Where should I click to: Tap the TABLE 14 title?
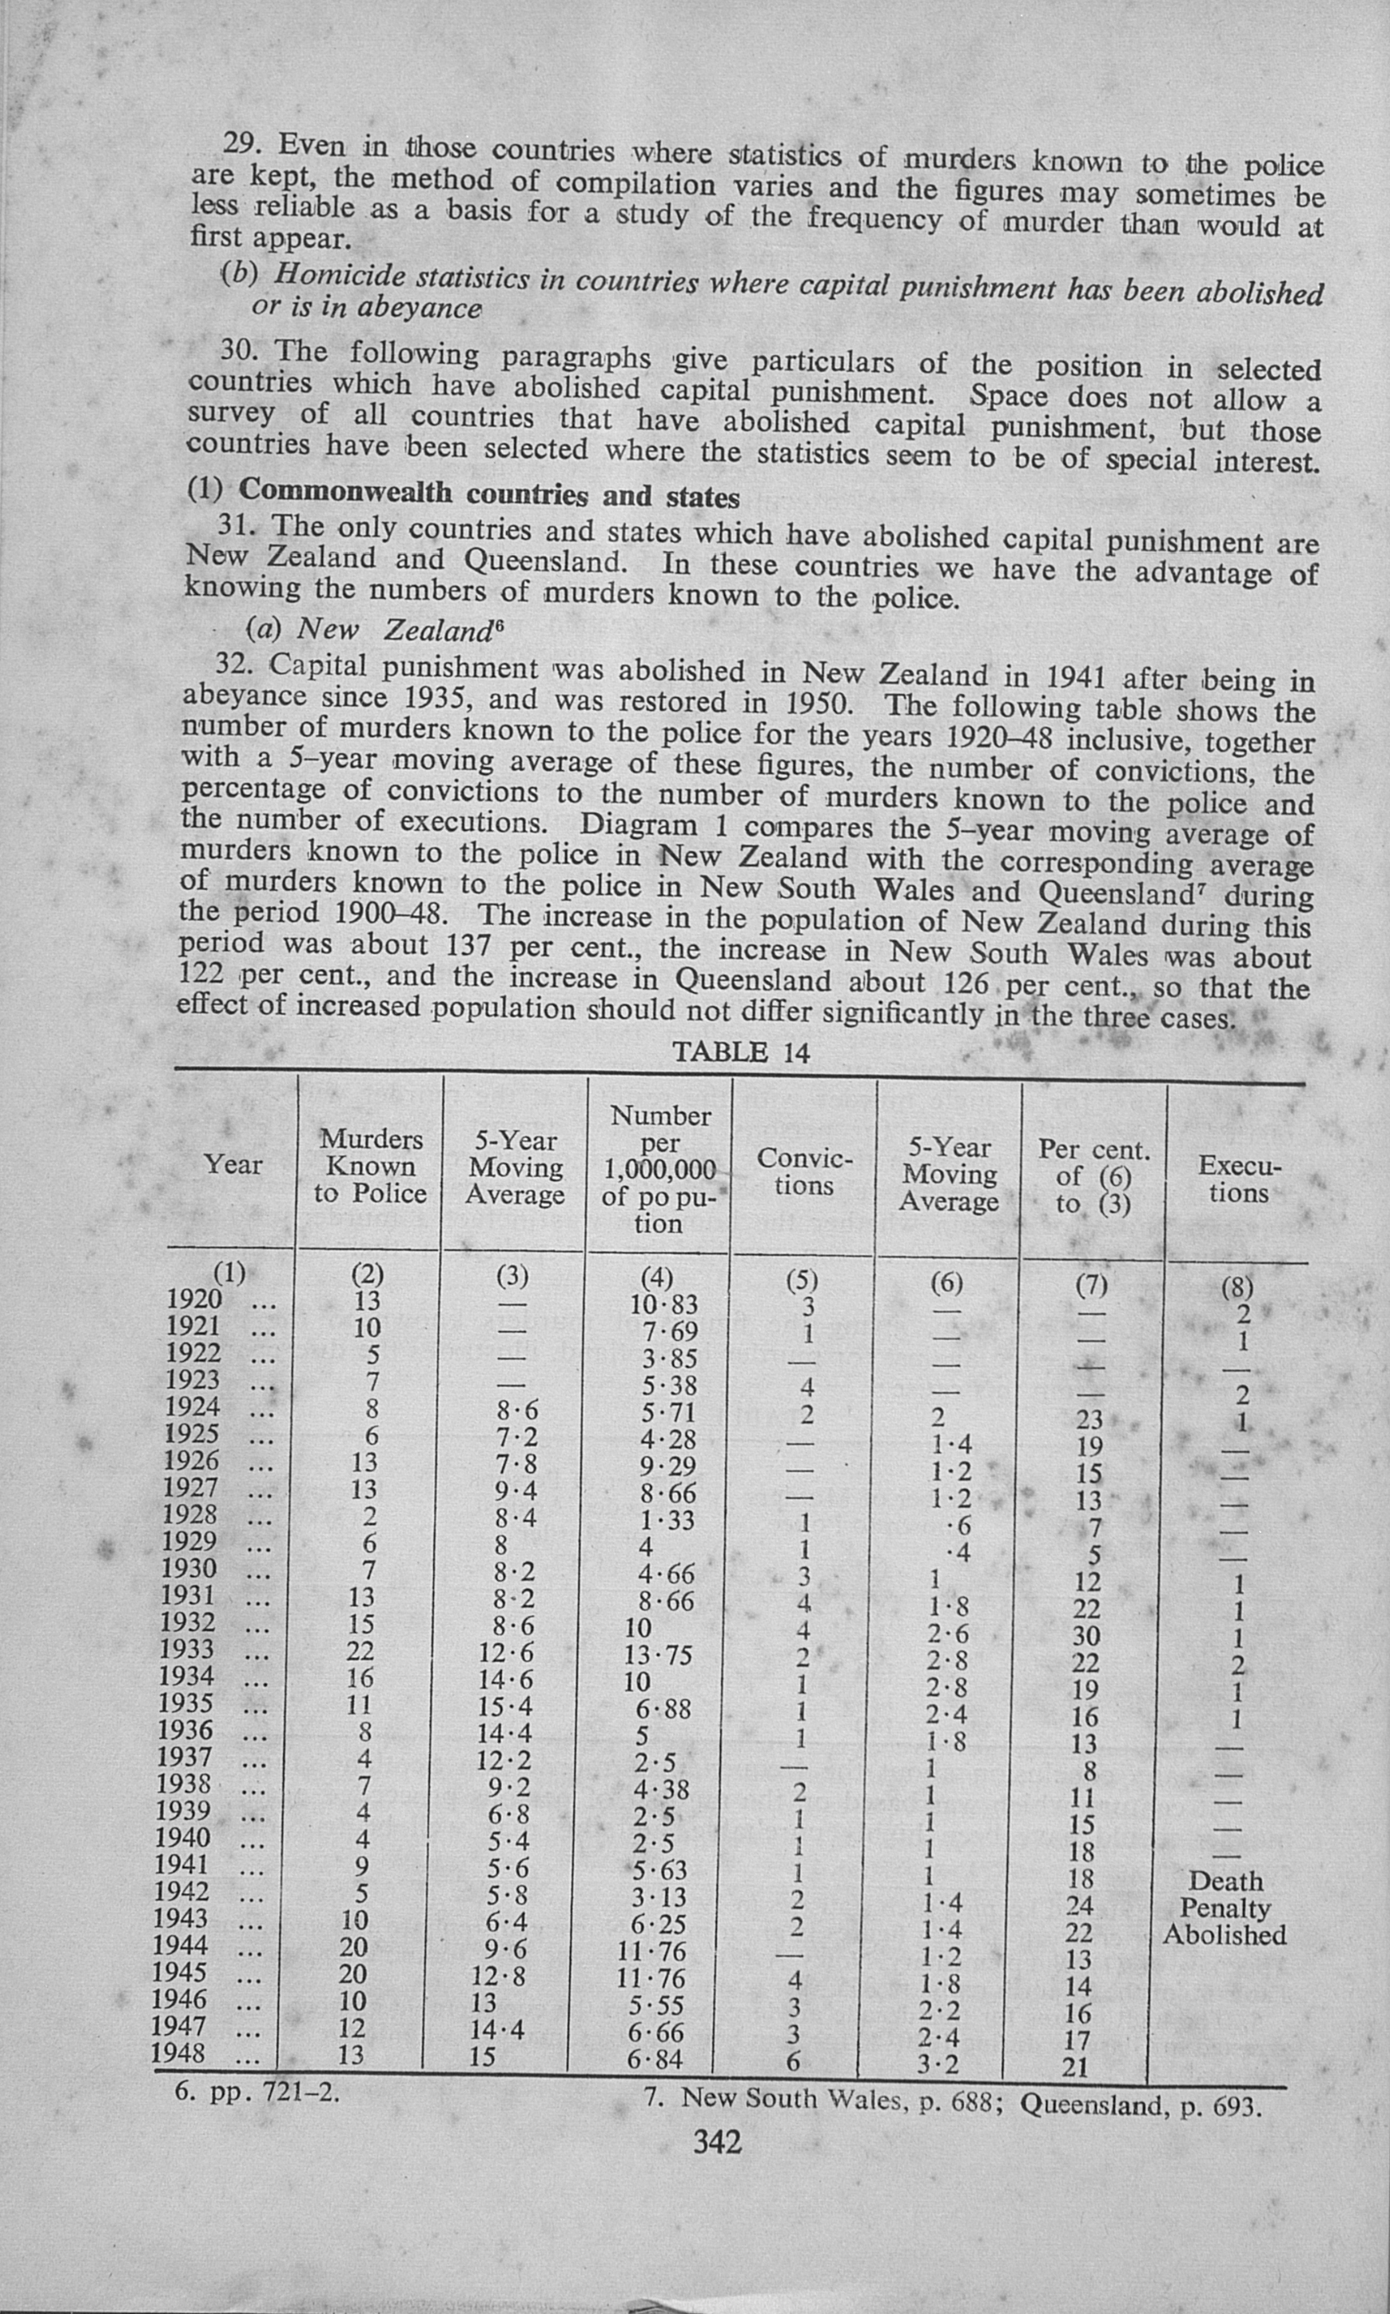[741, 1052]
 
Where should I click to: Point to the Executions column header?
[1238, 1179]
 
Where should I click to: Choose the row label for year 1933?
[189, 1649]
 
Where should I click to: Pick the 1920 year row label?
[193, 1299]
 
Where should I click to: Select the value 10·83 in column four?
[664, 1305]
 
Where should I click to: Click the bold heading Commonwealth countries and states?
[489, 493]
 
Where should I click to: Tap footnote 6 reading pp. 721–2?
[257, 2092]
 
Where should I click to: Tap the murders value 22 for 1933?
[360, 1650]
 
